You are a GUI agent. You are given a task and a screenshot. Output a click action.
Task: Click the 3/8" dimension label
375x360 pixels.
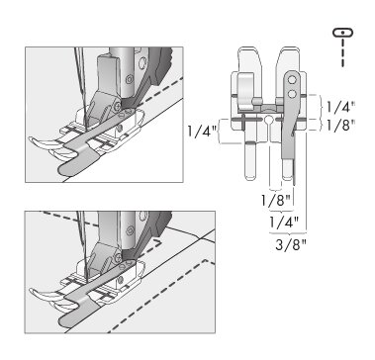(x=291, y=245)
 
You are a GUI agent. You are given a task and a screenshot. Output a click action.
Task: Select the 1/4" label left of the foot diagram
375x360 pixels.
(x=202, y=132)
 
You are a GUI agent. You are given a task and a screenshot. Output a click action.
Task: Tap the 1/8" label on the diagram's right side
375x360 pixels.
(x=340, y=126)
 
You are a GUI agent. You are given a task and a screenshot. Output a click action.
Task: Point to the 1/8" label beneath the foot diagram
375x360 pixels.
(x=276, y=200)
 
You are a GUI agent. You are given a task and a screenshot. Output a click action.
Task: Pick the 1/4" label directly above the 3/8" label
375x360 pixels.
(x=284, y=223)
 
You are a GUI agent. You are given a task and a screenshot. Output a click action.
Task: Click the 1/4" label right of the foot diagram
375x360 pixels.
(x=341, y=107)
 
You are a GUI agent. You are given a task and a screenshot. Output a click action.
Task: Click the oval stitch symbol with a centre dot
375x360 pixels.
(x=342, y=33)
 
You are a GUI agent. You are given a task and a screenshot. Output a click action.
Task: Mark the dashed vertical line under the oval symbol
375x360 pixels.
(x=343, y=52)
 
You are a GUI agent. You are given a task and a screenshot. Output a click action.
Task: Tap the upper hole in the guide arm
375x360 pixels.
(x=291, y=80)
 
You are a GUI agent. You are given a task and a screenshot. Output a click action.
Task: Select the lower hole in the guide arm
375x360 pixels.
(x=291, y=95)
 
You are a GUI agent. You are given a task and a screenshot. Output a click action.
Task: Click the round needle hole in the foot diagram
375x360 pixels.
(x=269, y=119)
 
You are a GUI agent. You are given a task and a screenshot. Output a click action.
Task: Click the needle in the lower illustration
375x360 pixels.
(x=82, y=245)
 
